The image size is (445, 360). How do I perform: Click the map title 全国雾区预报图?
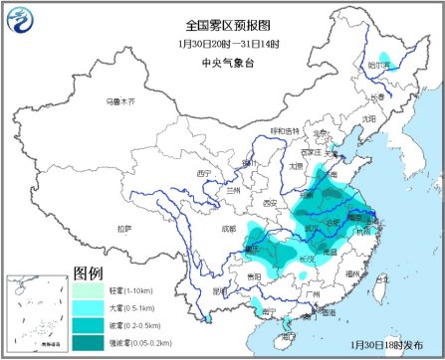[x=222, y=24]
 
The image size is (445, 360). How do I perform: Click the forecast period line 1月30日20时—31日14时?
[x=222, y=43]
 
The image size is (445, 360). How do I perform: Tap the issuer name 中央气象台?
[x=222, y=62]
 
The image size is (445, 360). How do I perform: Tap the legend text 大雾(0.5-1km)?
[x=132, y=308]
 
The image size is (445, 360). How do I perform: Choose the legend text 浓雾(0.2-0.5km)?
[x=134, y=325]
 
